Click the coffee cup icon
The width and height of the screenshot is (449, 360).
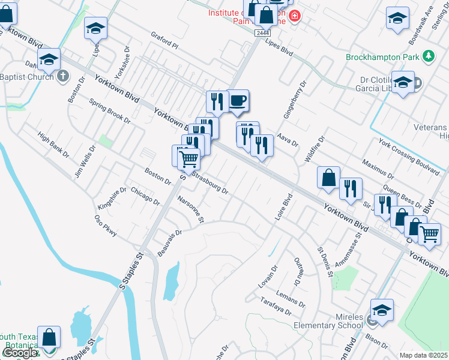click(x=238, y=100)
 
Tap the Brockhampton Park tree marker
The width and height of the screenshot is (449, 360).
click(x=428, y=56)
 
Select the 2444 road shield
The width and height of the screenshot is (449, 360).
click(x=262, y=33)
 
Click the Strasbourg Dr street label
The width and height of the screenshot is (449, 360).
click(x=210, y=182)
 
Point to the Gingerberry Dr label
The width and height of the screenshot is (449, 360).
click(x=295, y=100)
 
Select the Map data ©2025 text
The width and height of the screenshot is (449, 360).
click(x=424, y=355)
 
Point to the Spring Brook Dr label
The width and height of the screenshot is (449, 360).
click(x=110, y=111)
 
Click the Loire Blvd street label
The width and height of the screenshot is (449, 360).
click(x=283, y=207)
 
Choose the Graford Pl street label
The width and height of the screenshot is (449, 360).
click(x=164, y=40)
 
